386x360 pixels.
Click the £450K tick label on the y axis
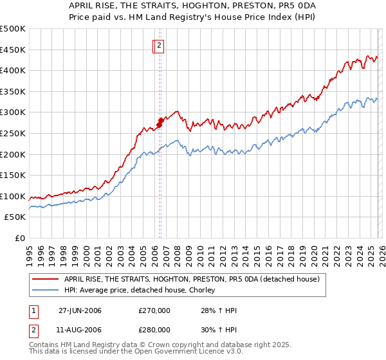pos(12,50)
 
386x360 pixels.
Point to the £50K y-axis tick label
pos(15,217)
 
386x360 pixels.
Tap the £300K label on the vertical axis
pos(12,113)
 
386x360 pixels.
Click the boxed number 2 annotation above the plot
pos(159,46)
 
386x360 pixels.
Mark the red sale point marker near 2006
pos(160,122)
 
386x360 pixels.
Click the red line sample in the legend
pos(45,279)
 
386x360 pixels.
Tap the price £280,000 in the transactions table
pos(154,330)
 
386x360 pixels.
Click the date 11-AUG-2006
pos(80,330)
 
